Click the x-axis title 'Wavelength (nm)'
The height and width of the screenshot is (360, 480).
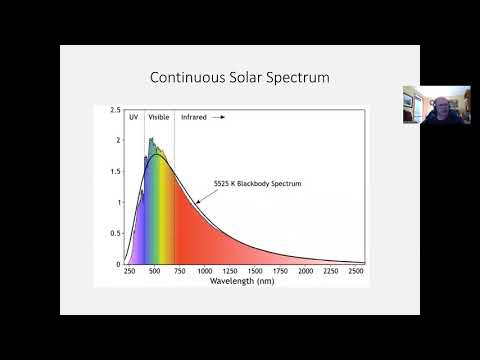tap(243, 282)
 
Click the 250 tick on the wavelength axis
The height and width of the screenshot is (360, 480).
tap(130, 271)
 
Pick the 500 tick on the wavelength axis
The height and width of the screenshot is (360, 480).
tap(156, 271)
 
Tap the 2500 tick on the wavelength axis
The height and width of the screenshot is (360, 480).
tap(356, 271)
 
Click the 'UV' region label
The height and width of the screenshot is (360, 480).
tap(133, 117)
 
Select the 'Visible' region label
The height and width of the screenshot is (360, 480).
tap(159, 117)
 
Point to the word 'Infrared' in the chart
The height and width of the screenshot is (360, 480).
tap(194, 117)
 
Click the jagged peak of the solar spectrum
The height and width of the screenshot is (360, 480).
tap(150, 140)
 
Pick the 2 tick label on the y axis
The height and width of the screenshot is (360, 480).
tap(118, 141)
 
